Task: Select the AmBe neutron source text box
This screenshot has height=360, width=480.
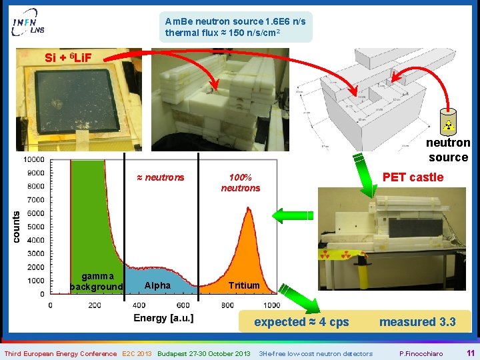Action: click(x=235, y=27)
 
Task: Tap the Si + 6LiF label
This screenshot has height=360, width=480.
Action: click(x=69, y=57)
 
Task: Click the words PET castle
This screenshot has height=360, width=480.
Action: click(x=412, y=177)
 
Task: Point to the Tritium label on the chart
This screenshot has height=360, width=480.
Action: click(x=243, y=285)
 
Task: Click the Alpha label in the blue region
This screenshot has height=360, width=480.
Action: click(x=157, y=285)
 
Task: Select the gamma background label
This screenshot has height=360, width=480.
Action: click(x=97, y=281)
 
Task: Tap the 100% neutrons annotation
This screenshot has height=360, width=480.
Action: click(x=240, y=183)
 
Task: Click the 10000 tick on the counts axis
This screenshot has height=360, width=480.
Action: click(x=33, y=159)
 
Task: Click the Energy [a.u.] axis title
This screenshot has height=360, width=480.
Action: click(x=163, y=318)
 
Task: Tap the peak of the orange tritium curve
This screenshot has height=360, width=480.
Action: click(x=249, y=210)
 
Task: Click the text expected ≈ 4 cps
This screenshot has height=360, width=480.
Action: click(x=301, y=322)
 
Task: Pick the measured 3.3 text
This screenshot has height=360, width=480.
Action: click(x=417, y=322)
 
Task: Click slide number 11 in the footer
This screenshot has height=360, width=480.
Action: click(x=470, y=353)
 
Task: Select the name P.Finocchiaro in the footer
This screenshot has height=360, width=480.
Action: click(x=419, y=353)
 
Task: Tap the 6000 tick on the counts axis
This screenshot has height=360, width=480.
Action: click(x=35, y=213)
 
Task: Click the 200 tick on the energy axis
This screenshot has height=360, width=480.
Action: click(x=95, y=305)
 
